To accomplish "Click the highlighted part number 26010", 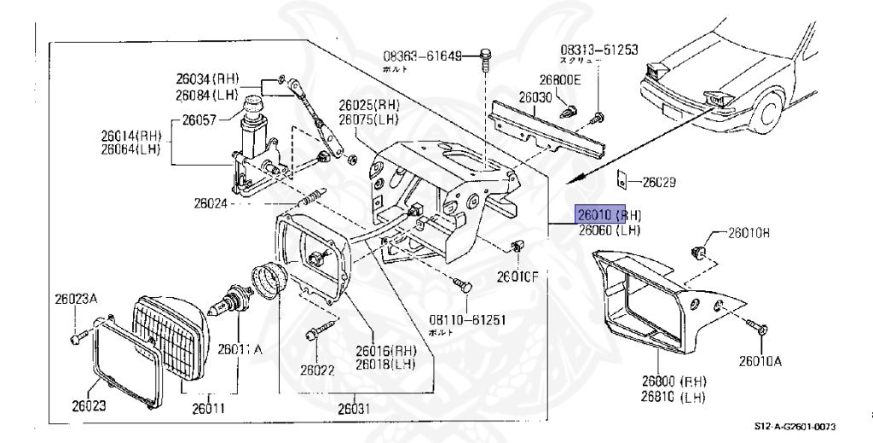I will tap(596, 214).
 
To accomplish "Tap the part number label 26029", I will tap(658, 182).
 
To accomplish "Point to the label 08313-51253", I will tap(598, 50).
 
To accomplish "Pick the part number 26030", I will tap(537, 97).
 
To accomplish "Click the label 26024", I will tap(211, 203).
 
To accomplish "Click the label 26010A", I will tap(760, 361).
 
